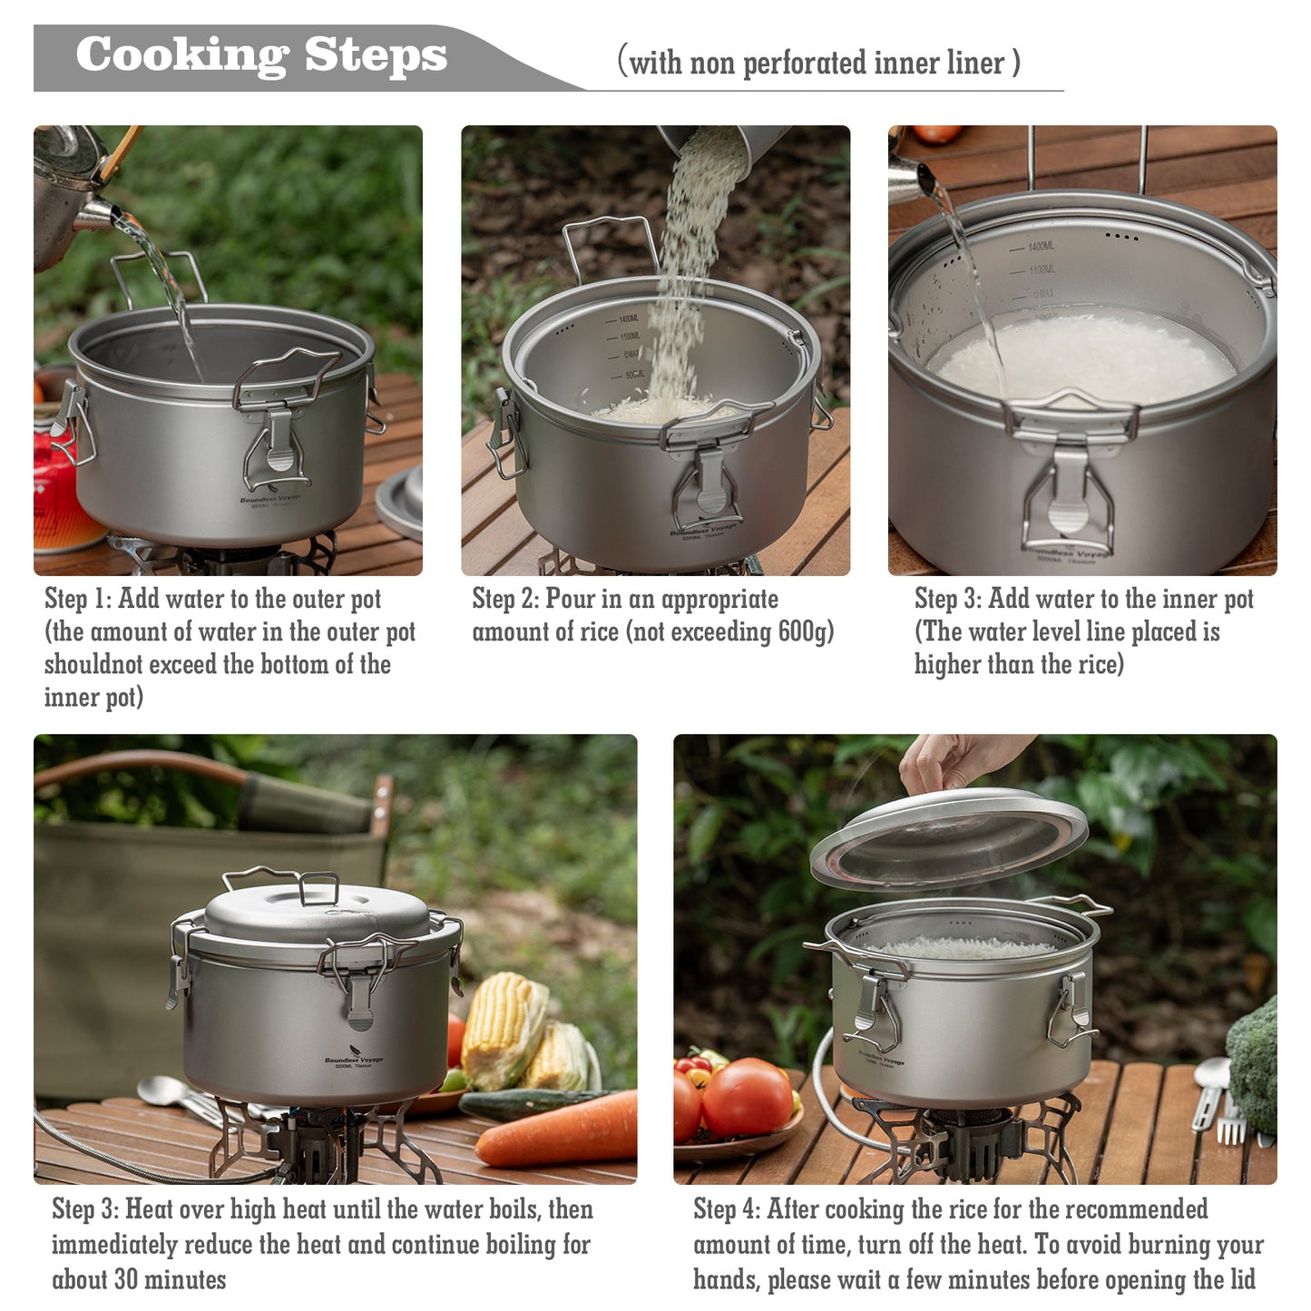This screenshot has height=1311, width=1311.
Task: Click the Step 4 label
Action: pos(726,1209)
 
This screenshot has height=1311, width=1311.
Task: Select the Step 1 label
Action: pos(78,599)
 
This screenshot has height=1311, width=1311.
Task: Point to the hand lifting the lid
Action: pos(953,762)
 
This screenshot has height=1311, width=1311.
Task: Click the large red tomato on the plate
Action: pos(746,1098)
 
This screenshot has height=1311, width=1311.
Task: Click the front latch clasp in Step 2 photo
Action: pos(710,481)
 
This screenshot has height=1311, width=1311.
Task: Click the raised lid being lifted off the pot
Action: pos(948,839)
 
